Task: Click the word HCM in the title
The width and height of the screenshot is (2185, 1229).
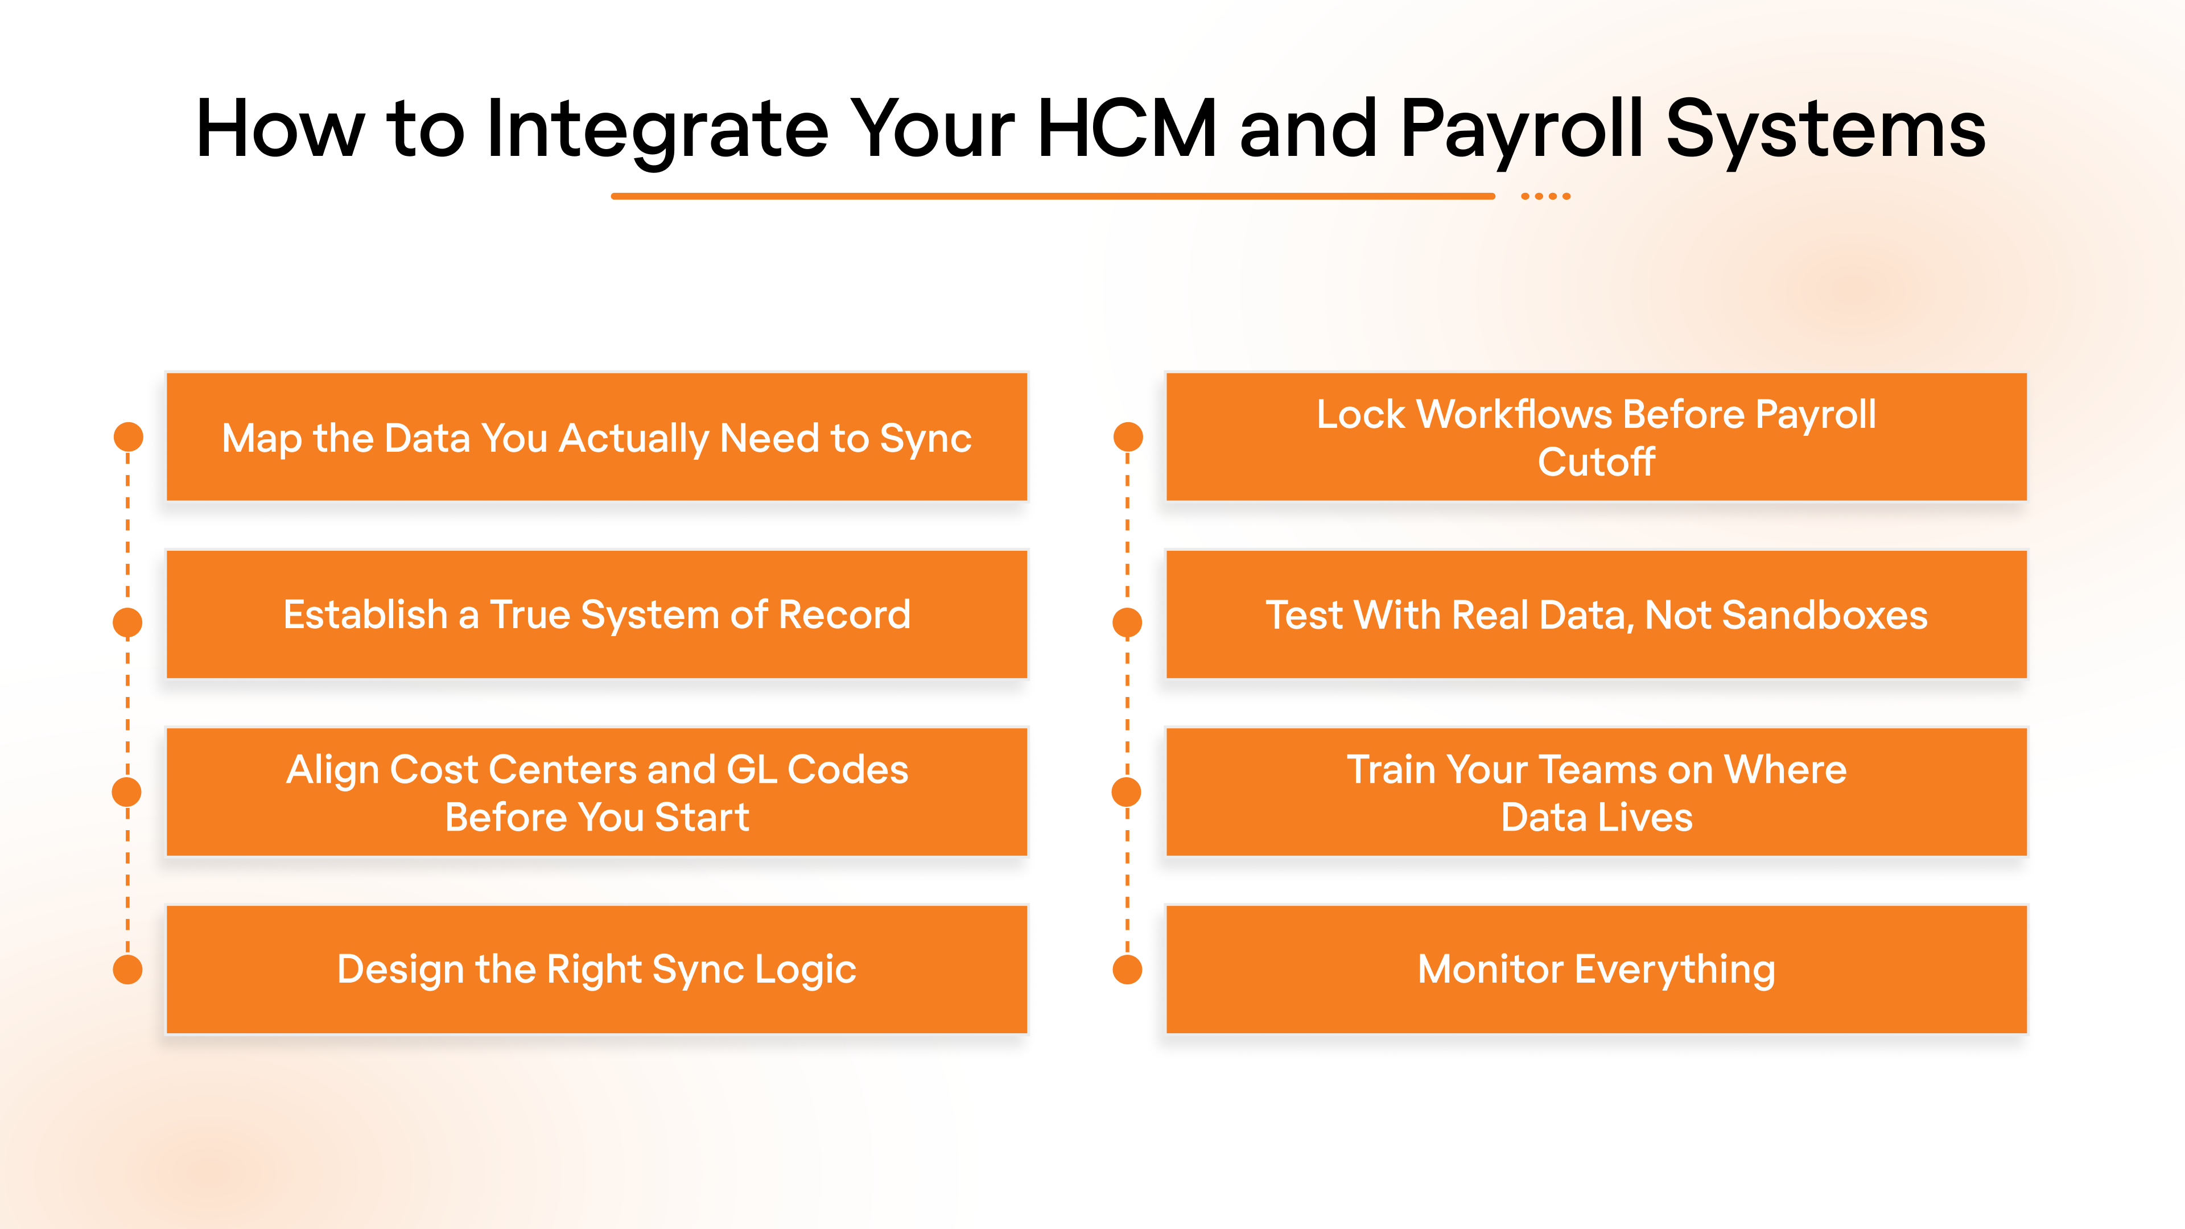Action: click(x=1127, y=129)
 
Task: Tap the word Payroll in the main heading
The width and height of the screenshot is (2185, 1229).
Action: click(x=1522, y=129)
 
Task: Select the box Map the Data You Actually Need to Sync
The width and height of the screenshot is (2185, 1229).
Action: click(x=596, y=438)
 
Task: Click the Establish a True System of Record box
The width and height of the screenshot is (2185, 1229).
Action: click(x=596, y=615)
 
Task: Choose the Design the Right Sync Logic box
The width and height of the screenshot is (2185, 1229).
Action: click(x=596, y=970)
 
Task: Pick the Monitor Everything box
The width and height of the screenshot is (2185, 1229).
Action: click(x=1596, y=970)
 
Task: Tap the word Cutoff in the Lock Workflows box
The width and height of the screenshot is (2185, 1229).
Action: click(x=1596, y=462)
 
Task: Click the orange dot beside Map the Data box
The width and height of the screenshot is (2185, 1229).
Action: click(x=128, y=438)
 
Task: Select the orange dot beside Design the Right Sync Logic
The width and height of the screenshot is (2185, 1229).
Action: click(x=128, y=970)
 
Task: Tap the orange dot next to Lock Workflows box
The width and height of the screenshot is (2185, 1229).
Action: click(x=1127, y=438)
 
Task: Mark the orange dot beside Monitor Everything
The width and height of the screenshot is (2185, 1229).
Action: click(x=1127, y=970)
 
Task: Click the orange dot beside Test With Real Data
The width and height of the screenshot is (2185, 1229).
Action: click(x=1127, y=622)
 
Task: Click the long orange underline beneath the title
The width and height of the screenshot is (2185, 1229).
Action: click(x=1052, y=196)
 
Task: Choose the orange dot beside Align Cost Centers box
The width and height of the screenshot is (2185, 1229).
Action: click(x=127, y=792)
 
